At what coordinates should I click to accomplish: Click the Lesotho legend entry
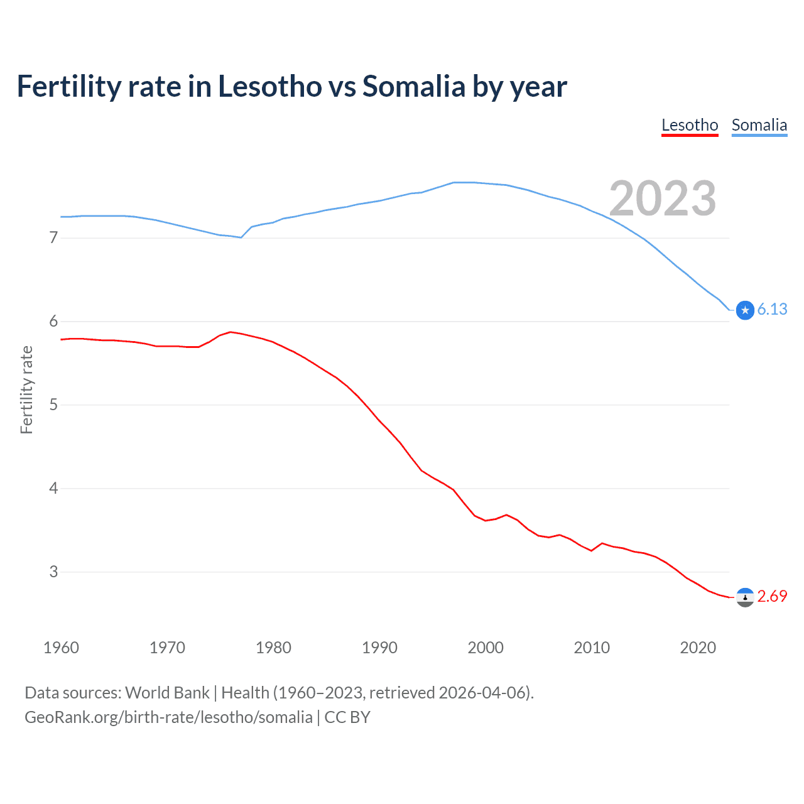690,125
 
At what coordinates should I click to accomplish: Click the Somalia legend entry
759,125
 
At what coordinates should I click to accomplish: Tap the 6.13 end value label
772,309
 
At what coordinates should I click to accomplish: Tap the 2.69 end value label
772,596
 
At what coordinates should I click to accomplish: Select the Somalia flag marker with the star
745,310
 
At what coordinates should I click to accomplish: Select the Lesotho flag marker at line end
745,597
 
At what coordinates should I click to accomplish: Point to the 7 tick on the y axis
53,237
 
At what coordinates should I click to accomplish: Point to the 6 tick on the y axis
53,321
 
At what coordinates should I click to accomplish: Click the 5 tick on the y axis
53,405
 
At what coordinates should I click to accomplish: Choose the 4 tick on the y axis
53,488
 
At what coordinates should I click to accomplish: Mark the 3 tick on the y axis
53,572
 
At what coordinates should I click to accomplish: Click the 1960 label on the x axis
61,648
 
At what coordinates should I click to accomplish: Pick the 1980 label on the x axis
273,648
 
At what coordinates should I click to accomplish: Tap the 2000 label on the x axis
486,648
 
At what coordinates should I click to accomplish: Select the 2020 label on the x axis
698,648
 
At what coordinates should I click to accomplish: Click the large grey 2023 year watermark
663,198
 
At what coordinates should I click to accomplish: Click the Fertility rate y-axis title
26,389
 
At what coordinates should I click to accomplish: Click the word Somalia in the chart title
413,86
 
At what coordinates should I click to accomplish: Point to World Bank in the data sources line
167,693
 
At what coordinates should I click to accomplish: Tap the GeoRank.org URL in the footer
168,717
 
